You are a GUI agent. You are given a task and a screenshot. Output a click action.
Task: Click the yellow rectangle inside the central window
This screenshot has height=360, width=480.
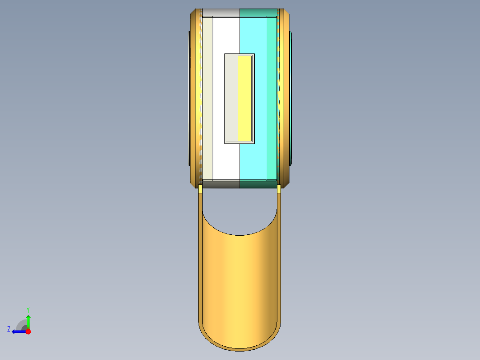(244, 98)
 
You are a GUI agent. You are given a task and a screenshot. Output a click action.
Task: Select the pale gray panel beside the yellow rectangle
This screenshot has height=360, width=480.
(232, 98)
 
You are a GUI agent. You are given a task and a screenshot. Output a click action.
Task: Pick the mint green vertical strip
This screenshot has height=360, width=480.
(272, 98)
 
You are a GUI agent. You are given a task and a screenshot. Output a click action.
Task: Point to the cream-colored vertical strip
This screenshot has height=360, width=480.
(207, 98)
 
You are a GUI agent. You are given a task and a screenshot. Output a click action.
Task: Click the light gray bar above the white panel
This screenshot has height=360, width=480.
(221, 12)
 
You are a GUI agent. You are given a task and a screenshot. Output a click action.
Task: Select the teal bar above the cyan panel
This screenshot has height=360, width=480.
(258, 12)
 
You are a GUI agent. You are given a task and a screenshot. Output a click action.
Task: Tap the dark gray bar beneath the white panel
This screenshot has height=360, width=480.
(221, 184)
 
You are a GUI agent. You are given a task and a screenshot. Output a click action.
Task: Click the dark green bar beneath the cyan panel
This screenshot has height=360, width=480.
(258, 184)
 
